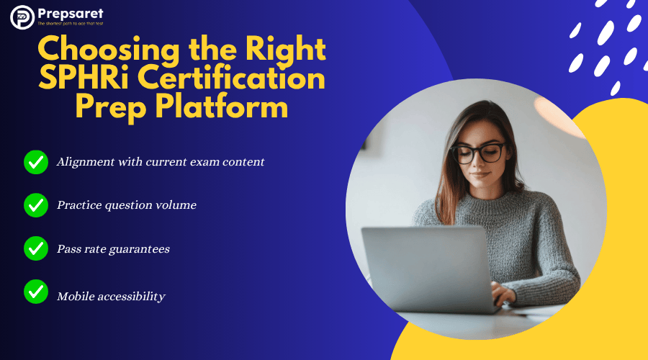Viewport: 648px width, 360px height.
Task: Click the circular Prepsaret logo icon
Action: tap(22, 17)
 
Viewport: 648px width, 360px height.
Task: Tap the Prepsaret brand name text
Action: tap(71, 14)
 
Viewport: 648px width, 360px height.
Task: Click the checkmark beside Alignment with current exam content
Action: tap(36, 162)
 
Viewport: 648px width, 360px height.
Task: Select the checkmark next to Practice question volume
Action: tap(36, 205)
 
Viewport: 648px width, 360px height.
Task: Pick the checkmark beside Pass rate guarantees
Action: tap(36, 248)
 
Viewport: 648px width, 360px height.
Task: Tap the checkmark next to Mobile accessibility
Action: tap(36, 292)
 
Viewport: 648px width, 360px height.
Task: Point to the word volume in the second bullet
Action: tap(176, 205)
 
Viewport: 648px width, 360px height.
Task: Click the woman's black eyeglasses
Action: tap(479, 153)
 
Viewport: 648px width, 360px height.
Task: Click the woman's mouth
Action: tap(480, 175)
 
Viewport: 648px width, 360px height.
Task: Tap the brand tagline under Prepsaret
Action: tap(71, 24)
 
